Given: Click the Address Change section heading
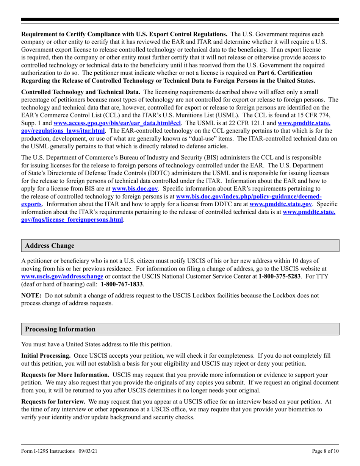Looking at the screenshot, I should [x=50, y=246].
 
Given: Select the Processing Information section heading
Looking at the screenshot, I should [x=60, y=329].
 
